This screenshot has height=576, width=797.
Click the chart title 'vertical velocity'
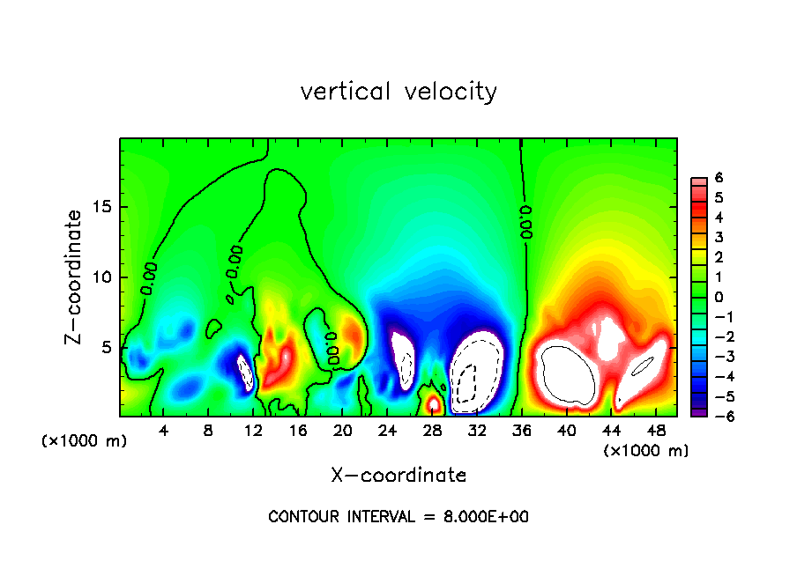398,92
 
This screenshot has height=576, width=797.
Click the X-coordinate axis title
398,476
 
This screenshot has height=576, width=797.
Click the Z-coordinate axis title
77,277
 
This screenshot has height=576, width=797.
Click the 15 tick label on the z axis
102,208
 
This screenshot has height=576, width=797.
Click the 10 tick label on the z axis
102,277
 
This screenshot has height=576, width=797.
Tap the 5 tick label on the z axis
107,347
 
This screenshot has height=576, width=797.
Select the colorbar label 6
719,178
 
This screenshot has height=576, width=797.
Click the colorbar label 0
719,297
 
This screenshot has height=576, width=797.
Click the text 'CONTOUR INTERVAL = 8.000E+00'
398,517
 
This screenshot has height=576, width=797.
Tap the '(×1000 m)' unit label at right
646,451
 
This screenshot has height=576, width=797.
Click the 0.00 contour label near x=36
526,223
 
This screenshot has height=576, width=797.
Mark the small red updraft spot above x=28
433,404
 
